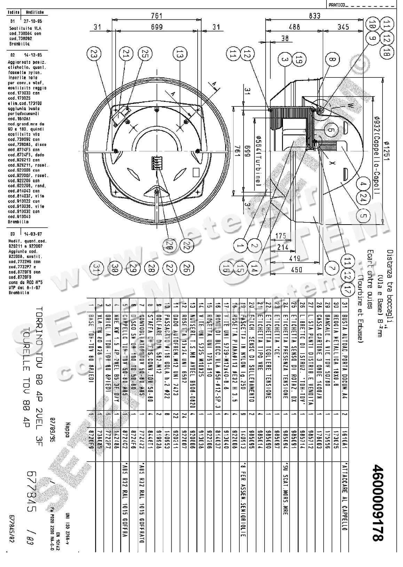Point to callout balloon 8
click(332, 59)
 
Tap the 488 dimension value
click(295, 27)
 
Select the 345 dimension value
click(343, 27)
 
